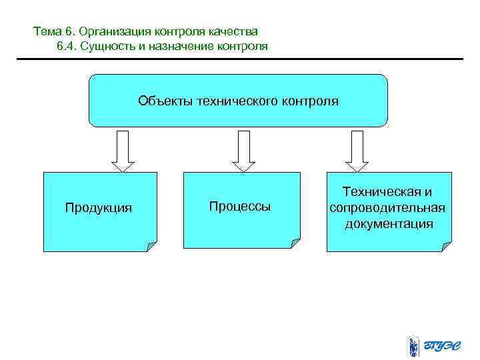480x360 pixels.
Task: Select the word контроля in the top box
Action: [310, 101]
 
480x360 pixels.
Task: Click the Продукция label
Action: [99, 208]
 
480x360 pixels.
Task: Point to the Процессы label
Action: [240, 207]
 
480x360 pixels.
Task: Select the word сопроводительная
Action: [387, 207]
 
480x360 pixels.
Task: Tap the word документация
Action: [389, 223]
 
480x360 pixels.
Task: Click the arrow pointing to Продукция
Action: [123, 151]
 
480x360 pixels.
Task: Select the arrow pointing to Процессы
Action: [243, 151]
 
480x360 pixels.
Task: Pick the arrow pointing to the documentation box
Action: [357, 151]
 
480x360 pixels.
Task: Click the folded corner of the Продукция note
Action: [152, 246]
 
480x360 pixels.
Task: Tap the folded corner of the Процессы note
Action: [295, 243]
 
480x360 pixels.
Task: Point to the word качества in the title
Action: [235, 31]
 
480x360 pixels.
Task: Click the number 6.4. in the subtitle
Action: [68, 46]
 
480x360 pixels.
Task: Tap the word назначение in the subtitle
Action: [173, 46]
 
